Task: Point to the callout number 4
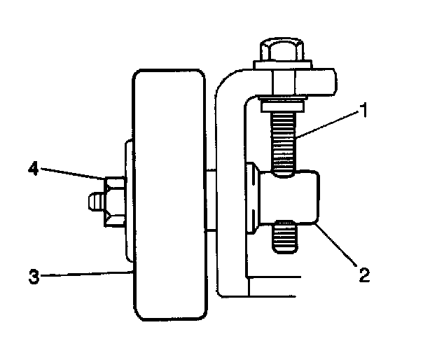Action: pos(33,169)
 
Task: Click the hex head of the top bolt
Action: pos(279,50)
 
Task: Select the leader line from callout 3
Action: pos(84,274)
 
